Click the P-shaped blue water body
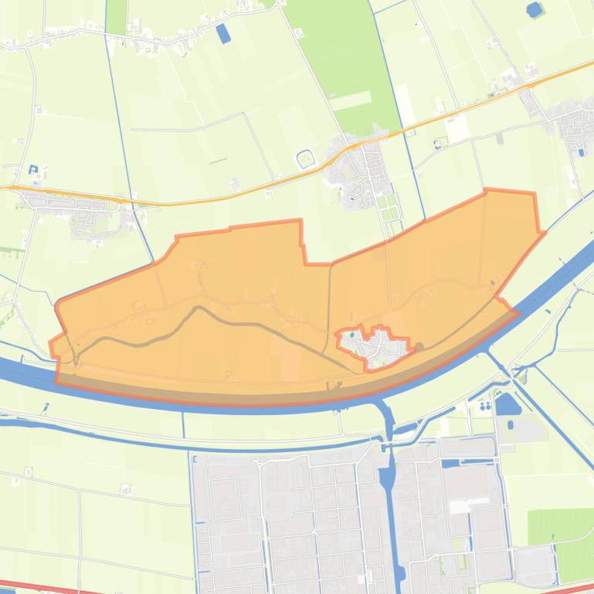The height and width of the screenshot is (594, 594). coord(33,170)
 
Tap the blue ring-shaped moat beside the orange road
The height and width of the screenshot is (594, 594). coord(306,160)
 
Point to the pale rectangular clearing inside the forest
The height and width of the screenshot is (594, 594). coord(351,101)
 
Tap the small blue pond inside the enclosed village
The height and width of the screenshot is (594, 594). coord(352,335)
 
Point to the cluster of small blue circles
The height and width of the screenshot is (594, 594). coord(485,405)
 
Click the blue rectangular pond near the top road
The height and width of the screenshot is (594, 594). coord(223,33)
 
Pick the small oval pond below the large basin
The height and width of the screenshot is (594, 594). coord(511,425)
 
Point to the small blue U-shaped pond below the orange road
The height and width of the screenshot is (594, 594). coord(441,142)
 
